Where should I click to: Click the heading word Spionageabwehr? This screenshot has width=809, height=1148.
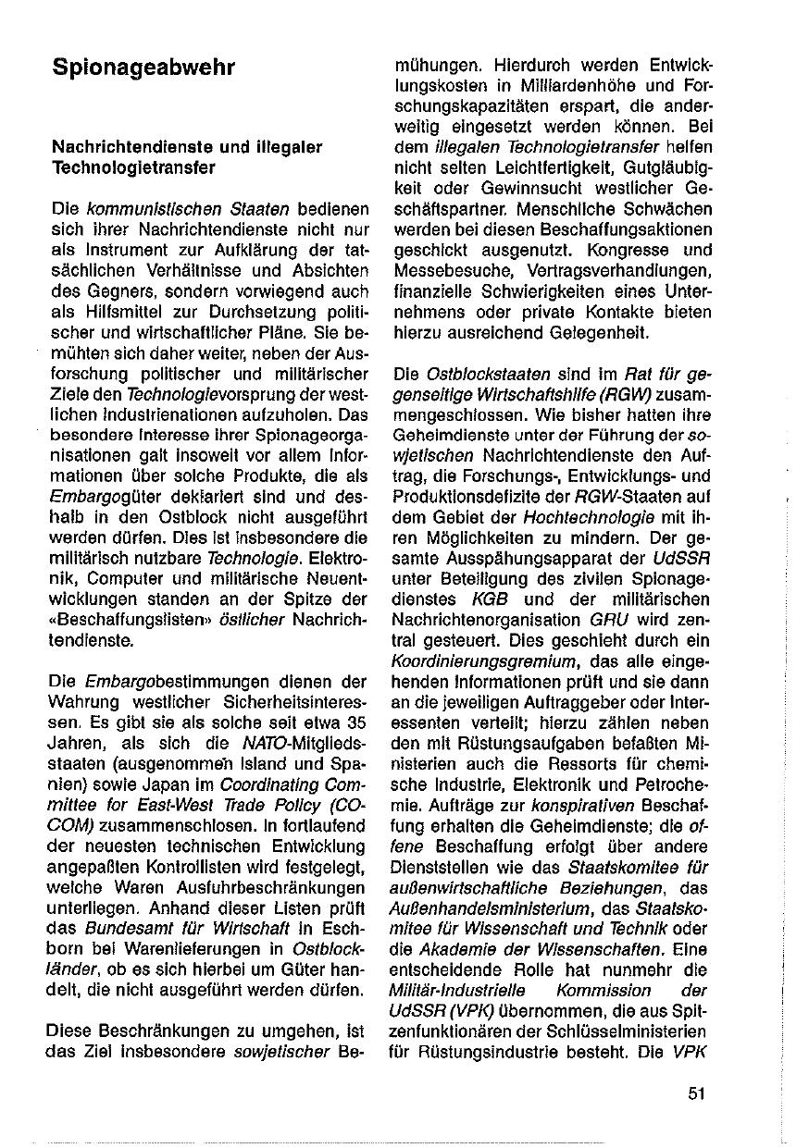143,68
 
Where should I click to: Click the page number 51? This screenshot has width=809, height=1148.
697,1092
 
